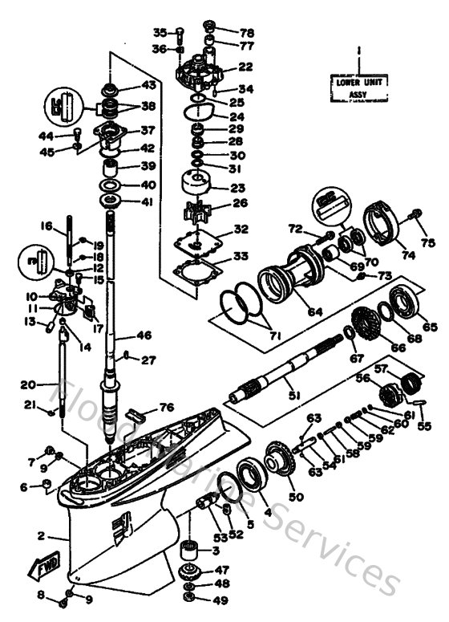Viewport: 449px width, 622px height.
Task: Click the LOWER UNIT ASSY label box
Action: tap(358, 87)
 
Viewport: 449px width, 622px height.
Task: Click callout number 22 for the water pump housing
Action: tap(245, 67)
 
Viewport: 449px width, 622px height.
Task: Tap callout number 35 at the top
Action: tap(160, 33)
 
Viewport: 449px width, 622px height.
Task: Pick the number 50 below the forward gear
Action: tap(297, 498)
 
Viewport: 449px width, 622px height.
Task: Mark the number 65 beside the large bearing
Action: tap(430, 327)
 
